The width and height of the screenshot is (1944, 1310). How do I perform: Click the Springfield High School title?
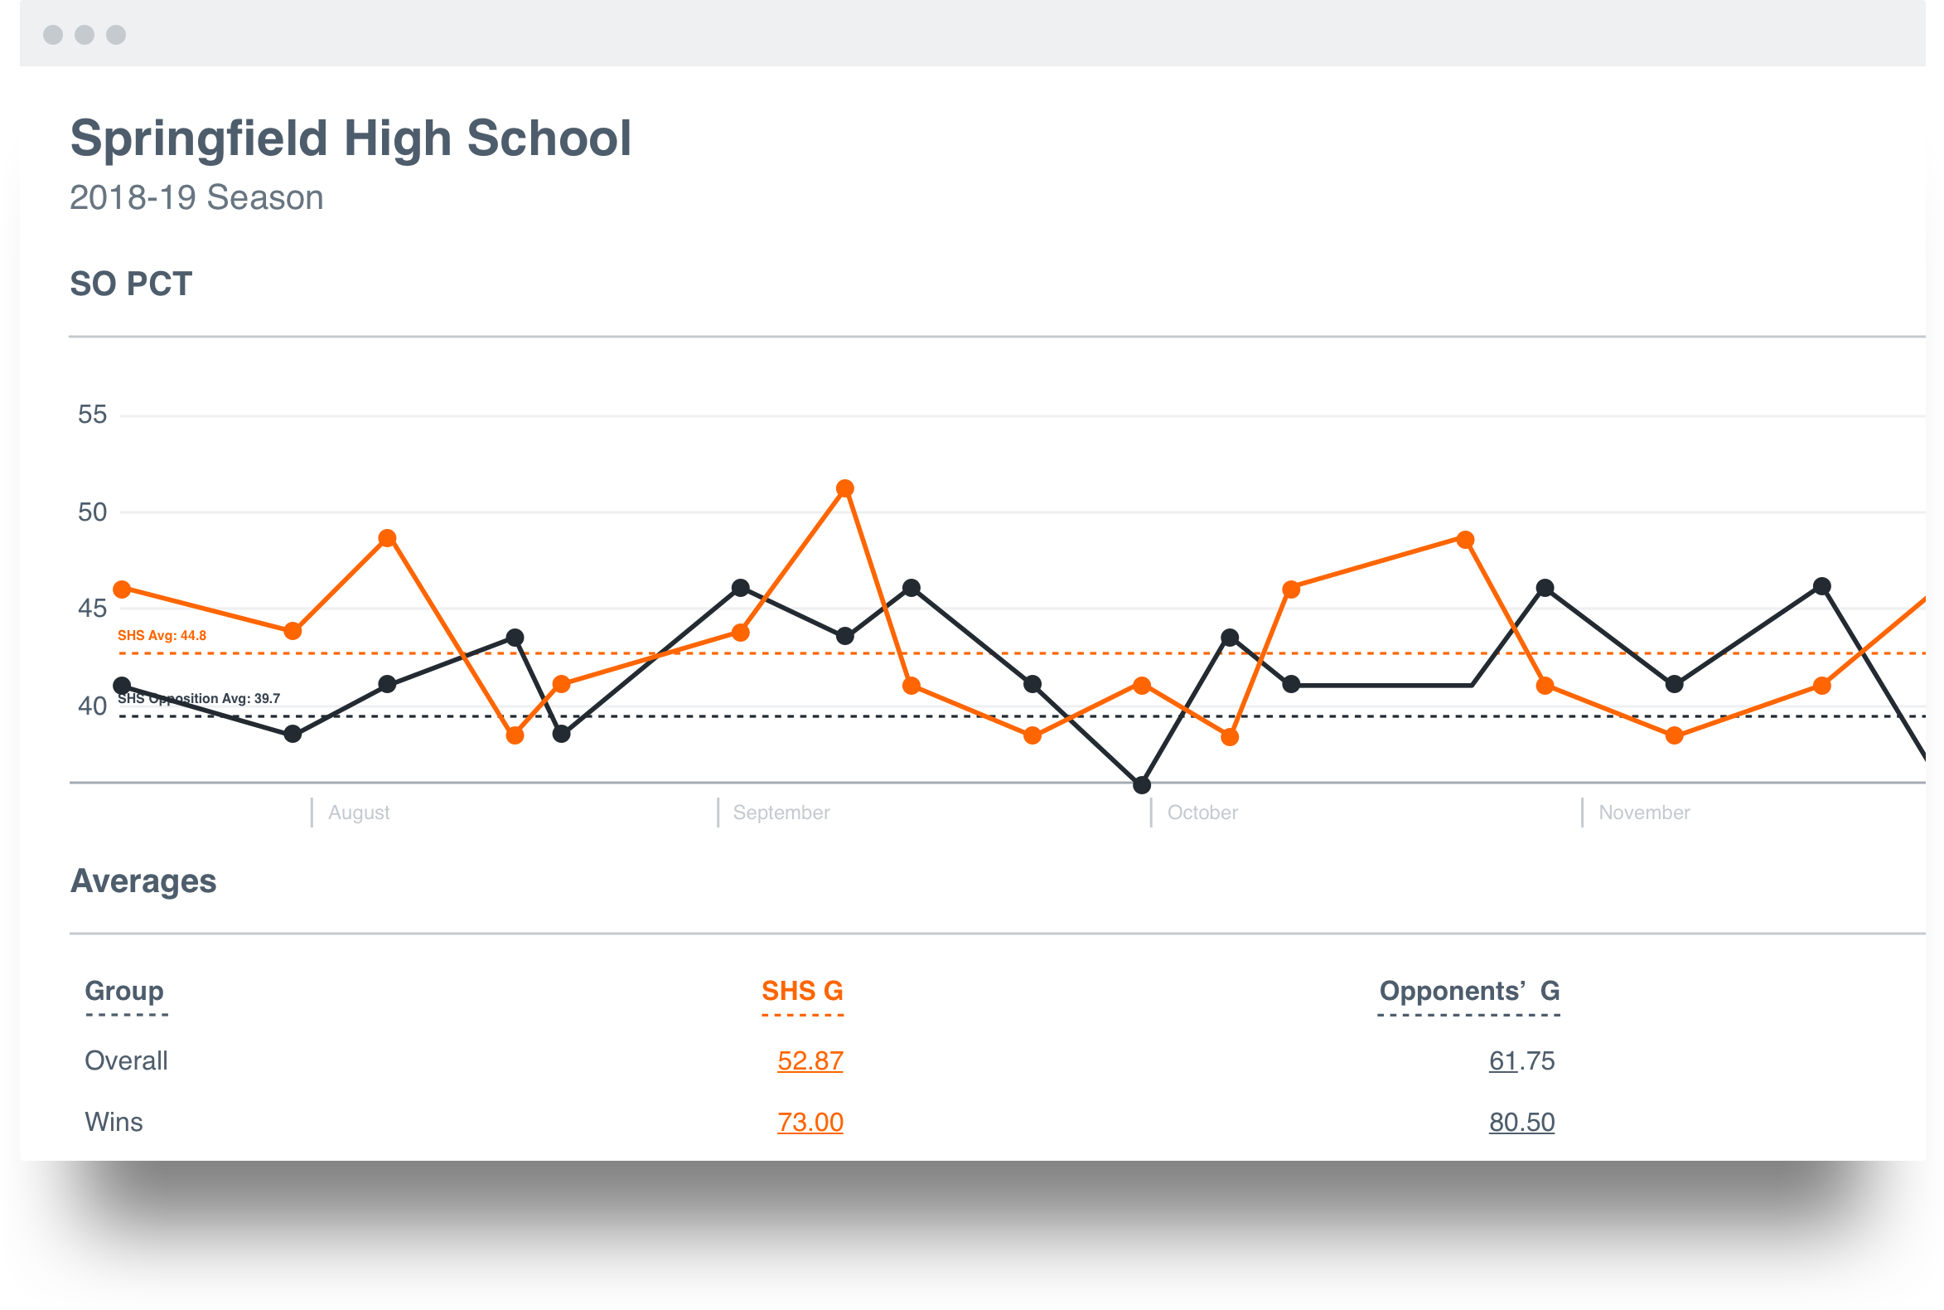point(351,138)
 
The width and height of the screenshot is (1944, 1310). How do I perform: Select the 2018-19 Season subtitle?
point(196,198)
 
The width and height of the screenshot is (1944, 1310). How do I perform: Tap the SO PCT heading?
point(131,284)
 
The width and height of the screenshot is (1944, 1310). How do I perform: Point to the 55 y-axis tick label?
point(92,415)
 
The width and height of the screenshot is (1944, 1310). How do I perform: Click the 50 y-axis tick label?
point(92,512)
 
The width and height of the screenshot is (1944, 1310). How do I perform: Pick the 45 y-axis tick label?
point(92,609)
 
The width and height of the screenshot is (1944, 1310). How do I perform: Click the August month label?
point(358,812)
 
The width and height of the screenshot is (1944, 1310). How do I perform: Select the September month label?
point(781,812)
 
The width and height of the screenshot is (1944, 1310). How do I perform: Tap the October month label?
point(1202,812)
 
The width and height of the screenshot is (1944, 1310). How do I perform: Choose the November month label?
point(1643,812)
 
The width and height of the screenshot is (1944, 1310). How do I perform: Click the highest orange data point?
point(844,488)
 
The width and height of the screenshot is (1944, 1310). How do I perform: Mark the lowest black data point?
point(1142,784)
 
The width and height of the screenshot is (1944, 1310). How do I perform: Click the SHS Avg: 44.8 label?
point(162,636)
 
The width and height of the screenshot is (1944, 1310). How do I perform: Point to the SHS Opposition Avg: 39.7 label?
point(199,698)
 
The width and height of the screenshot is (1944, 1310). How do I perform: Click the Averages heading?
point(143,881)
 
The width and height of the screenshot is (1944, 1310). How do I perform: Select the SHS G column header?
point(801,991)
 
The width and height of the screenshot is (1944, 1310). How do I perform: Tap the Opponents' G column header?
point(1469,991)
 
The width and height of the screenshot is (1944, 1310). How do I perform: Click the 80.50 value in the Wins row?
point(1521,1122)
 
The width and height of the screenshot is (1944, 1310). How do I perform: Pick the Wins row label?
point(114,1122)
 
